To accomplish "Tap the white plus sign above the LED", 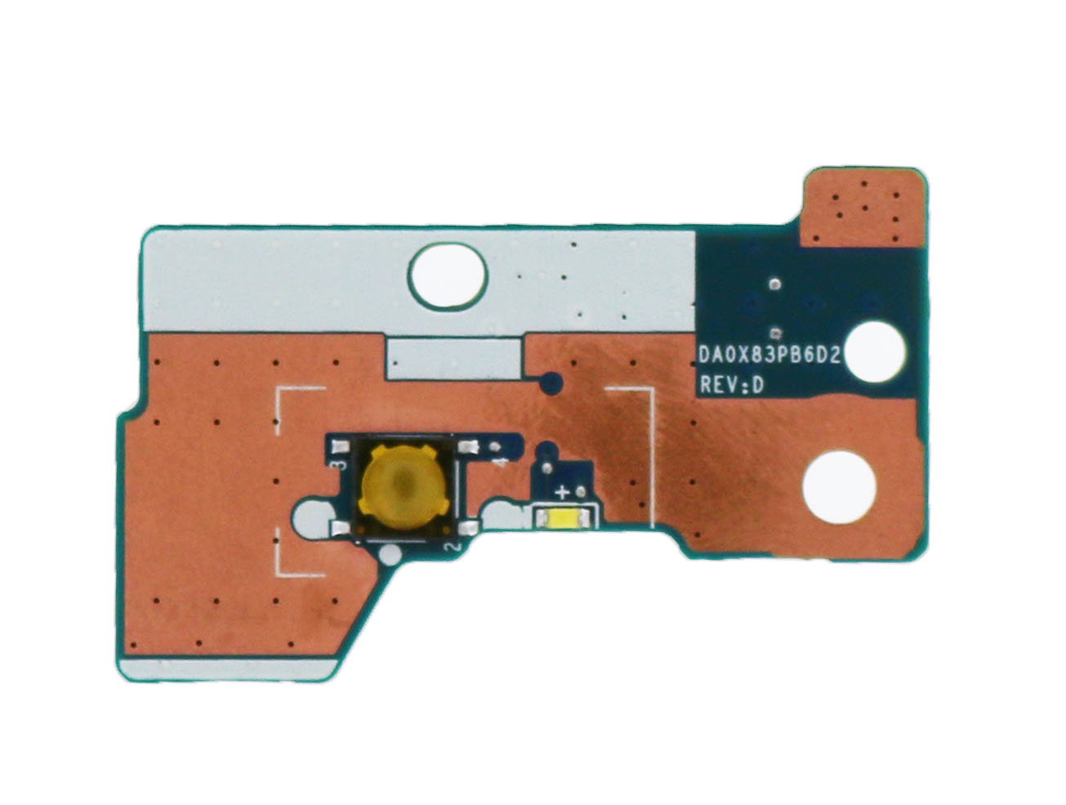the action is [562, 493].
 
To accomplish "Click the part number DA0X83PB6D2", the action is [769, 356].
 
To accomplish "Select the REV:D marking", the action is [731, 385].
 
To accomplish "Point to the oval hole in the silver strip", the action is [447, 275].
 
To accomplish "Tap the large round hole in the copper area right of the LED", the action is [839, 487].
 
